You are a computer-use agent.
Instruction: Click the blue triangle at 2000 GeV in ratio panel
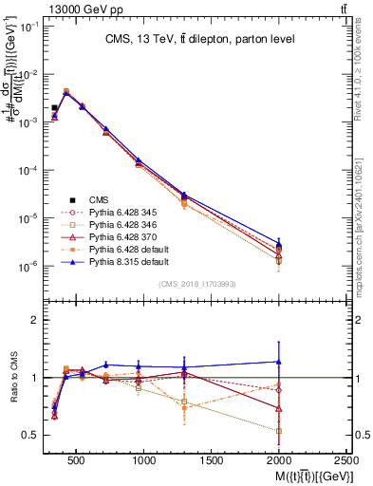pos(278,362)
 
